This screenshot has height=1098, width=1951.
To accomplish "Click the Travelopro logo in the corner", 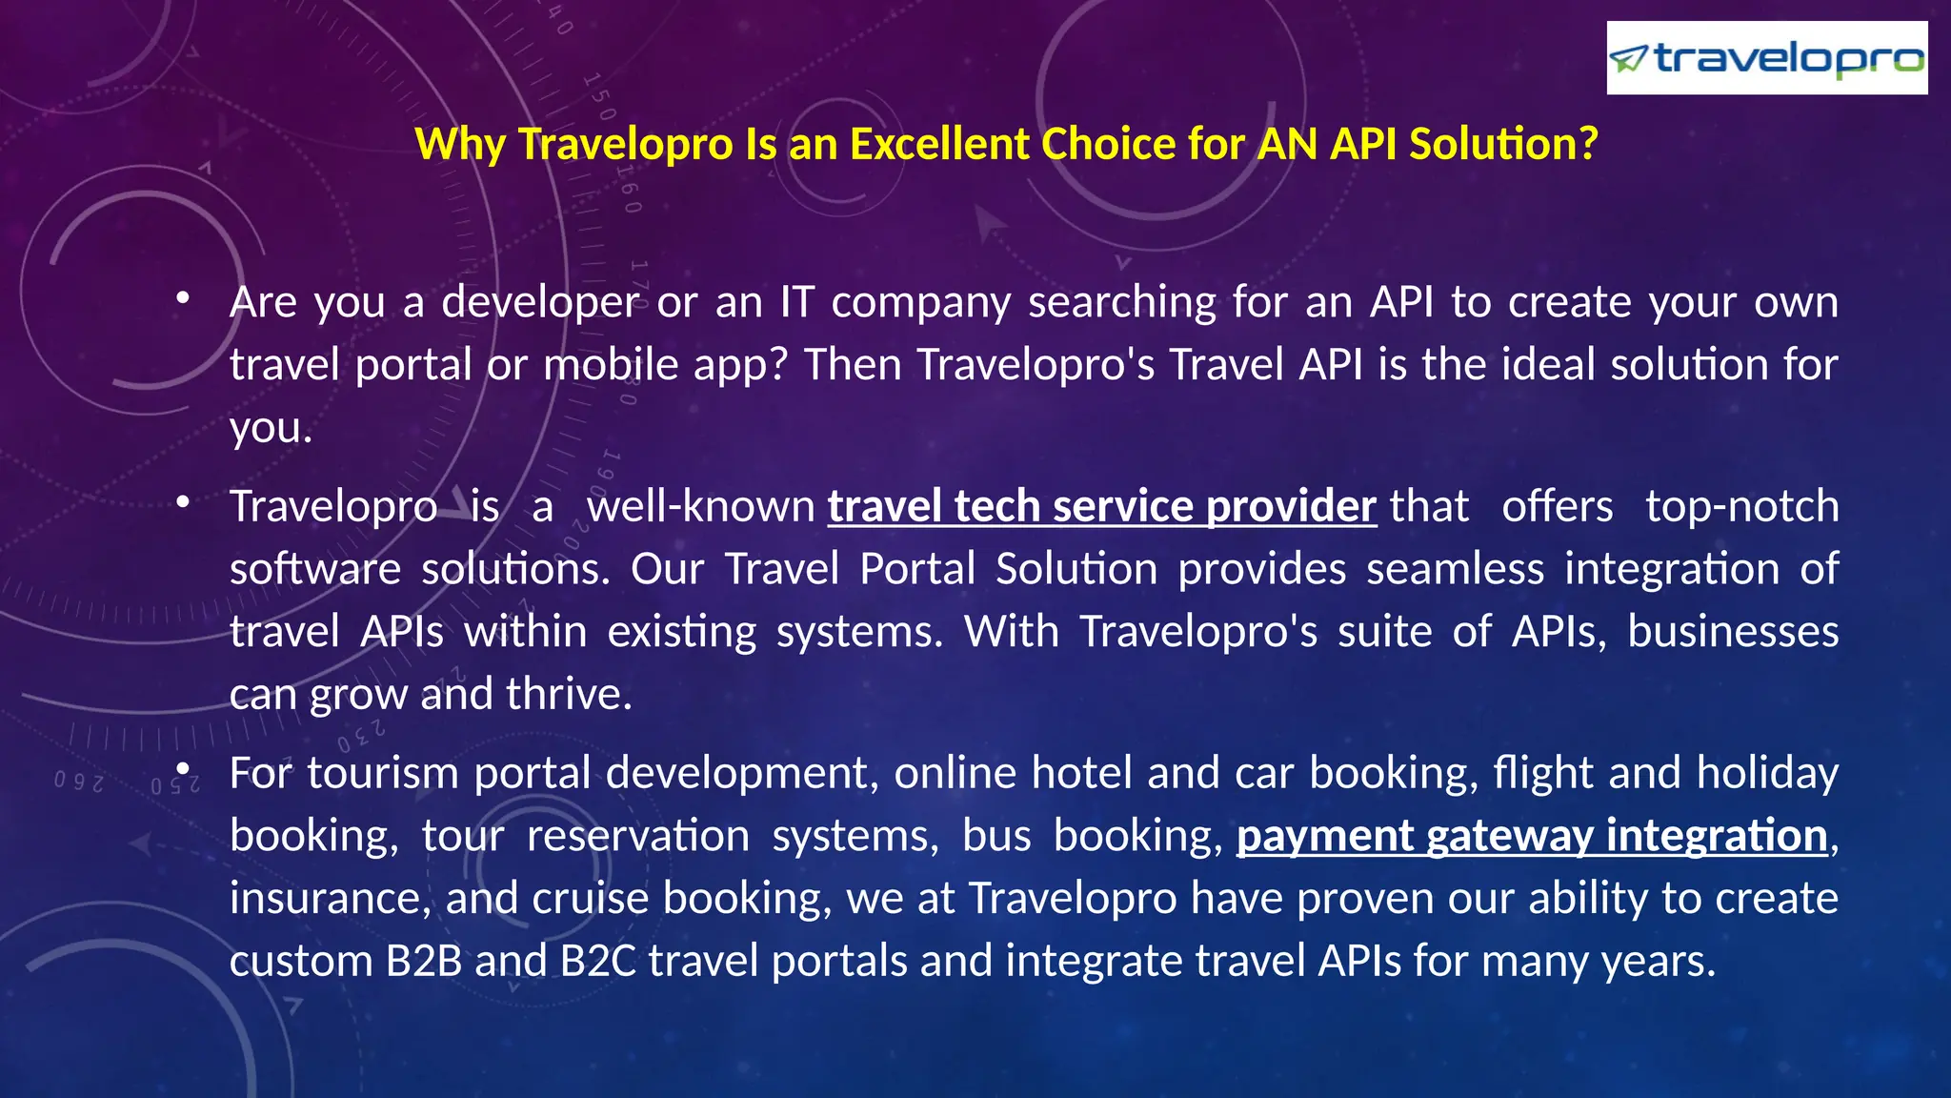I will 1766,59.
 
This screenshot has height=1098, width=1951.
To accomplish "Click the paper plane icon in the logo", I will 1628,59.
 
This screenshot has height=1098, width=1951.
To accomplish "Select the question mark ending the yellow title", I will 1588,145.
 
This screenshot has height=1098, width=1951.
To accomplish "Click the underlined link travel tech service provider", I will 1101,506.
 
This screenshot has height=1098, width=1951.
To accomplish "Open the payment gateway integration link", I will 1532,836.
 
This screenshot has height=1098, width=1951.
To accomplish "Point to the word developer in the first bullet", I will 540,303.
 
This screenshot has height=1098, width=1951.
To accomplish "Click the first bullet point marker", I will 183,299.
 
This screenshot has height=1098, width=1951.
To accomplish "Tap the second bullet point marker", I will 183,502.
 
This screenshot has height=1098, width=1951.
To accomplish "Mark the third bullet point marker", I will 183,768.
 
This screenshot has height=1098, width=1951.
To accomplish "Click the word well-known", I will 700,506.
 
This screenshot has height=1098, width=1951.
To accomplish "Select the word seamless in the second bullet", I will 1455,569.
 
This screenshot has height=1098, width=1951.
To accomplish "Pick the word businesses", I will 1732,632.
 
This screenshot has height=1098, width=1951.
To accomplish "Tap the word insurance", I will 329,899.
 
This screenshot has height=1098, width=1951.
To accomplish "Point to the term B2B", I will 424,961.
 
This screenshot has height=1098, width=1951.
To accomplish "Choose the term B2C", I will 598,961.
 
